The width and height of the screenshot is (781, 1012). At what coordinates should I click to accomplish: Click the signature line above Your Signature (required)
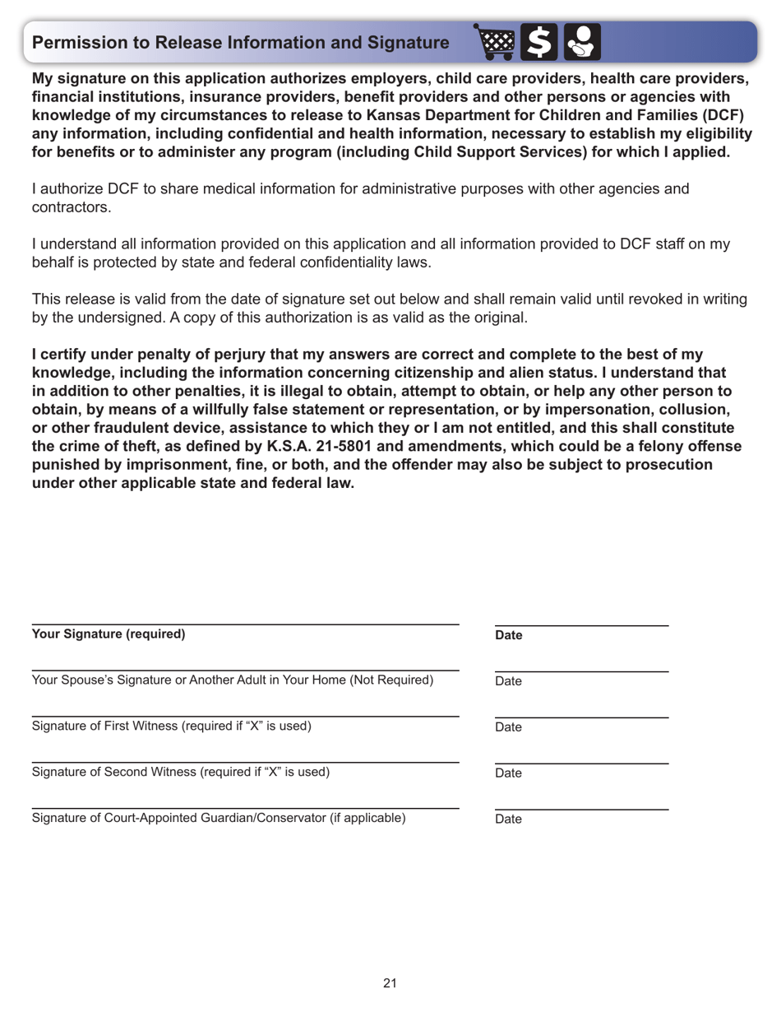tap(245, 624)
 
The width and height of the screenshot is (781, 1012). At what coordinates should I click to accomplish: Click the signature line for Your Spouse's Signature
tap(245, 670)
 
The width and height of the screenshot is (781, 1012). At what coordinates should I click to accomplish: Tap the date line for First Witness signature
tap(581, 717)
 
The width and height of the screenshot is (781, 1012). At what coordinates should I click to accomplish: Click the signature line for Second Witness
tap(245, 762)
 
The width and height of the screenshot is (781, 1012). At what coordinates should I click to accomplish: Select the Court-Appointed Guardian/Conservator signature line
tap(245, 808)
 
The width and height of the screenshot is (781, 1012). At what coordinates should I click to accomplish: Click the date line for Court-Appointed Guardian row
tap(581, 809)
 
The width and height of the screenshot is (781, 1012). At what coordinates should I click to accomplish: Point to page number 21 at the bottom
tap(390, 983)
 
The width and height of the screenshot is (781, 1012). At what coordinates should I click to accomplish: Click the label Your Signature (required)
tap(109, 634)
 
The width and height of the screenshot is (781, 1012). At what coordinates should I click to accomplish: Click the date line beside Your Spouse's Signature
tap(581, 671)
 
